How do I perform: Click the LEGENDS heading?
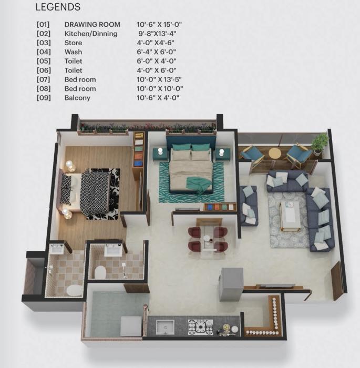(x=58, y=7)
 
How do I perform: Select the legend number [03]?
(x=44, y=43)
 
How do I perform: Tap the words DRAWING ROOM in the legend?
(x=92, y=25)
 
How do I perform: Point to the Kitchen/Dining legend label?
(x=90, y=34)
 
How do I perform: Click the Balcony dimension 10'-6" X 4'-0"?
(x=158, y=98)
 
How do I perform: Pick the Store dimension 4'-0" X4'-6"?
(x=156, y=43)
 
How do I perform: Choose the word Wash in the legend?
(x=73, y=52)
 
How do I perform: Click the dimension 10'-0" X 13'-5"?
(x=159, y=79)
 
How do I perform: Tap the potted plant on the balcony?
(x=319, y=142)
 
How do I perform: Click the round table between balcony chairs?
(x=275, y=154)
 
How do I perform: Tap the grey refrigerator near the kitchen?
(x=231, y=284)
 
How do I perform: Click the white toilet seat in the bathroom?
(x=100, y=271)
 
